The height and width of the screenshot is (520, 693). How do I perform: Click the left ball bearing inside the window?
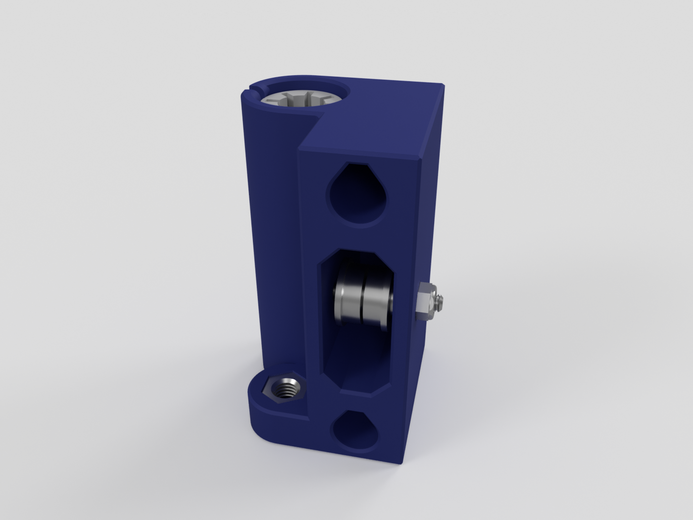348,297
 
